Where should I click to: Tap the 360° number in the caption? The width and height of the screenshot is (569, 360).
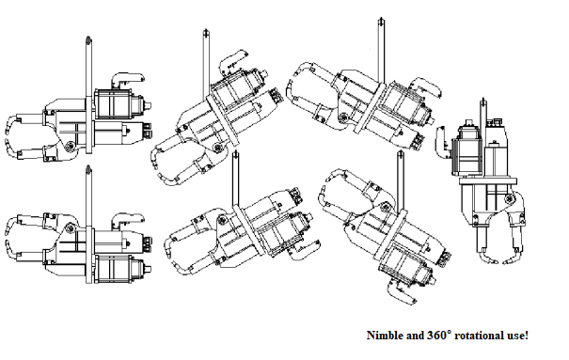click(439, 335)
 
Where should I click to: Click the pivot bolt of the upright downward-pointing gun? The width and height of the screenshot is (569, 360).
click(509, 198)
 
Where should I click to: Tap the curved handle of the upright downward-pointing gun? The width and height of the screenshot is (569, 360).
click(443, 142)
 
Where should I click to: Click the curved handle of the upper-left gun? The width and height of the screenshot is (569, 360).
click(127, 79)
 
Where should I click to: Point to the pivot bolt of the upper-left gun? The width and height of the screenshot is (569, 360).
click(70, 146)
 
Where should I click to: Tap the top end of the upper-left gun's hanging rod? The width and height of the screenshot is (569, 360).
click(88, 38)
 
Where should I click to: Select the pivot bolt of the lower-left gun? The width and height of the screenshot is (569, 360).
click(70, 228)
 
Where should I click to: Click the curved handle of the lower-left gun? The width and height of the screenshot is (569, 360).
click(127, 219)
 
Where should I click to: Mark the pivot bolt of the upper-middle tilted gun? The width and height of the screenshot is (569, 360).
click(218, 148)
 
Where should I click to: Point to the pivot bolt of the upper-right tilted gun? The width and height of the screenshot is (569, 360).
click(342, 117)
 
